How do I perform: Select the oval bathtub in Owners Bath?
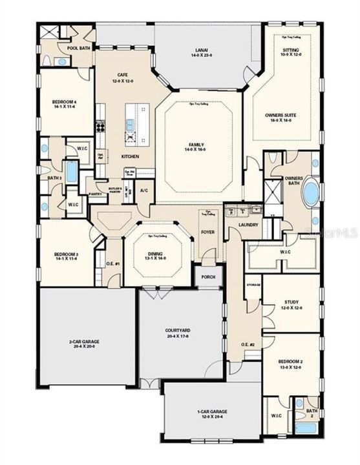coord(311,192)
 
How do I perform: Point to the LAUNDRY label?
coord(248,225)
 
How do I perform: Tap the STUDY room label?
coord(291,302)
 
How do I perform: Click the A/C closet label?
coord(143,191)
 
